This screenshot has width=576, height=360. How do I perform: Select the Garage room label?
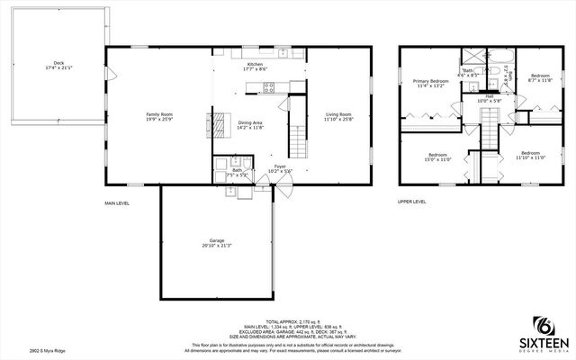pyautogui.click(x=217, y=242)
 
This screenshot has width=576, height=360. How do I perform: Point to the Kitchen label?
pyautogui.click(x=256, y=65)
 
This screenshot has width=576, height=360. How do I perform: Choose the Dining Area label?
pyautogui.click(x=249, y=124)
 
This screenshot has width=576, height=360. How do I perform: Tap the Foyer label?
pyautogui.click(x=280, y=167)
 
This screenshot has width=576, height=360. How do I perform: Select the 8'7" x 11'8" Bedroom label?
pyautogui.click(x=540, y=77)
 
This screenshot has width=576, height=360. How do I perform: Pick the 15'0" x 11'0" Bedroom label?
pyautogui.click(x=438, y=157)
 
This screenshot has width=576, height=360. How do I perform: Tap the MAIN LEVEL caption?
pyautogui.click(x=117, y=203)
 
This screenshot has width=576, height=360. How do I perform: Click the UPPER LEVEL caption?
pyautogui.click(x=412, y=202)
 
